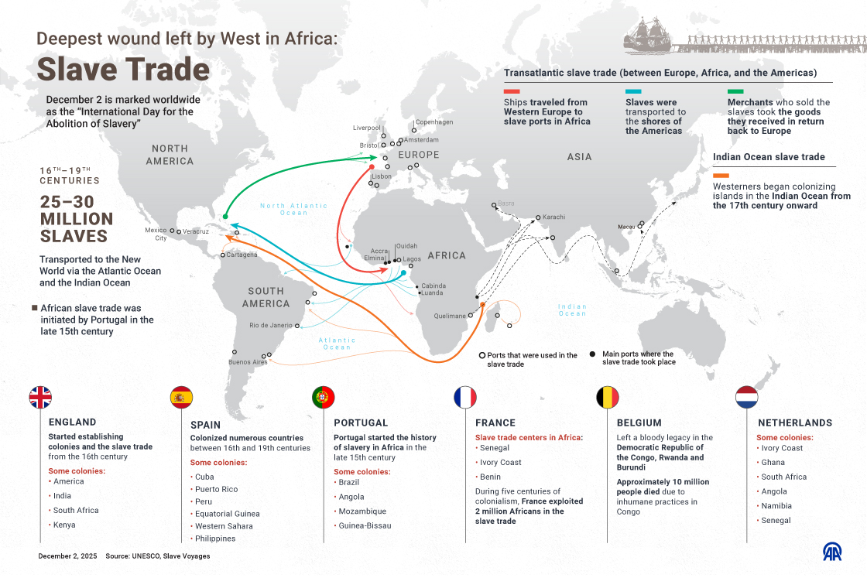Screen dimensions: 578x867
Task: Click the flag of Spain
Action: (181, 397)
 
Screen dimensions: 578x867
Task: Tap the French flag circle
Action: (465, 397)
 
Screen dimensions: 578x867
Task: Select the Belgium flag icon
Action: (607, 397)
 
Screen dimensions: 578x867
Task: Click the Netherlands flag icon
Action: (747, 397)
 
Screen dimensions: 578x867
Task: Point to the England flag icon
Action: (40, 397)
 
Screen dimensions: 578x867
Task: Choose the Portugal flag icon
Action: (323, 397)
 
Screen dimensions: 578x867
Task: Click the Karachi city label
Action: (554, 217)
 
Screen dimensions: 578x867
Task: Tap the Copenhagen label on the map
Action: (433, 122)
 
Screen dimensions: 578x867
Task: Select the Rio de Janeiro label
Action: (271, 325)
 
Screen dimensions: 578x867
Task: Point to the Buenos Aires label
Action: (248, 362)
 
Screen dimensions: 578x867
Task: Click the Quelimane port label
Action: (450, 316)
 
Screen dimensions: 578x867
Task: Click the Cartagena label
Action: (242, 255)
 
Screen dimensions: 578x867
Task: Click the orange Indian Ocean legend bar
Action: (721, 176)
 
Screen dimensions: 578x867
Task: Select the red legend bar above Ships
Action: (511, 92)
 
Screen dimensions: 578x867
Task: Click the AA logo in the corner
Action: (832, 552)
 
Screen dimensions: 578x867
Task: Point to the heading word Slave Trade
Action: (124, 70)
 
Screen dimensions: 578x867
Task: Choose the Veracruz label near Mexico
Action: (196, 231)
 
